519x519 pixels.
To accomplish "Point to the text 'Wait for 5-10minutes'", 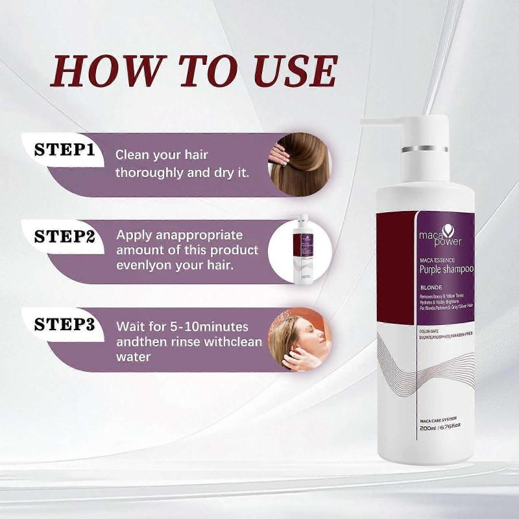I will coord(182,326).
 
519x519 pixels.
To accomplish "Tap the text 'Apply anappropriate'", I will coord(179,234).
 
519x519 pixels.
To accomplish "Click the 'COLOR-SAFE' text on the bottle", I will coord(431,329).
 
